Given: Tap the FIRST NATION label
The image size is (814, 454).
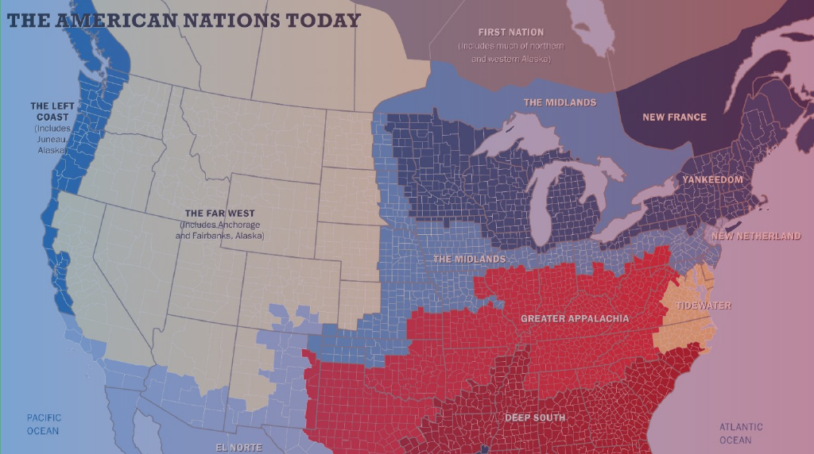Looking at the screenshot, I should pyautogui.click(x=511, y=33).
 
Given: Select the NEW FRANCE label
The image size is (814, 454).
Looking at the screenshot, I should pyautogui.click(x=674, y=117).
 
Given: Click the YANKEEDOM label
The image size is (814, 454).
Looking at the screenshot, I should pyautogui.click(x=712, y=180).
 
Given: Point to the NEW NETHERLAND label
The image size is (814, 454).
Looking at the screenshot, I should pyautogui.click(x=756, y=236).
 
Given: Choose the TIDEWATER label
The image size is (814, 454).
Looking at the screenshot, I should pyautogui.click(x=704, y=306).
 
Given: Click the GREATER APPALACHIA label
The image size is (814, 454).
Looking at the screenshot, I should pyautogui.click(x=575, y=319).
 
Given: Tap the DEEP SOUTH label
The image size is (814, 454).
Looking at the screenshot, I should pyautogui.click(x=535, y=417).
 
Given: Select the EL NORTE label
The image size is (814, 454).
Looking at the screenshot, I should pyautogui.click(x=239, y=448).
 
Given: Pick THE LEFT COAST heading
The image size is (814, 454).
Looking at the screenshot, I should pyautogui.click(x=50, y=111).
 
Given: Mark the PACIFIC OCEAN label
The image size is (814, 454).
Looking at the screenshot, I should pyautogui.click(x=43, y=424).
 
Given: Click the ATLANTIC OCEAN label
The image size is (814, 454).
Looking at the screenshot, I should pyautogui.click(x=741, y=433).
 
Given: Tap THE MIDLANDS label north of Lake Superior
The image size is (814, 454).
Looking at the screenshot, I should pyautogui.click(x=560, y=102).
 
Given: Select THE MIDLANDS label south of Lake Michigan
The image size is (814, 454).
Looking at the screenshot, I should pyautogui.click(x=469, y=260).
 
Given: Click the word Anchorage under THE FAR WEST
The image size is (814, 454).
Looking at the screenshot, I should pyautogui.click(x=239, y=225).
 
